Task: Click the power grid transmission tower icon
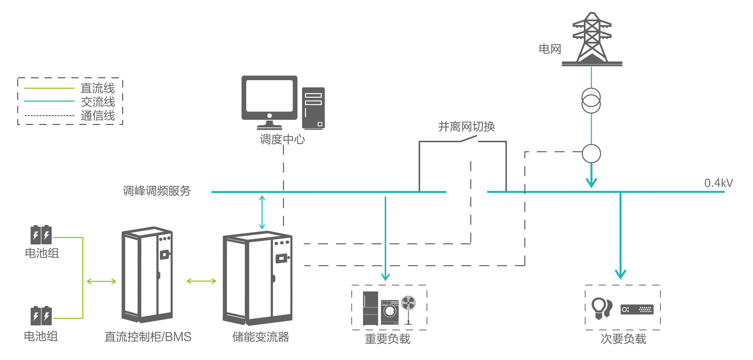pyautogui.click(x=592, y=38)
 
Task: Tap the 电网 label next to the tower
pyautogui.click(x=549, y=49)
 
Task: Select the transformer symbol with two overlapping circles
pyautogui.click(x=591, y=101)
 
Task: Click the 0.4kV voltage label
pyautogui.click(x=718, y=183)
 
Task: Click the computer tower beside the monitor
pyautogui.click(x=313, y=108)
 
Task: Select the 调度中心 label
pyautogui.click(x=282, y=139)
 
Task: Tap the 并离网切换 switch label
pyautogui.click(x=466, y=127)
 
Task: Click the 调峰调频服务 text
pyautogui.click(x=157, y=191)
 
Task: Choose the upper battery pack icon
pyautogui.click(x=41, y=235)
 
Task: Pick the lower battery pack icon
pyautogui.click(x=41, y=316)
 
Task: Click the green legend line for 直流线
pyautogui.click(x=49, y=88)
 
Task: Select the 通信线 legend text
pyautogui.click(x=98, y=116)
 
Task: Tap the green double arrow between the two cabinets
pyautogui.click(x=201, y=281)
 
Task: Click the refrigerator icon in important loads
pyautogui.click(x=370, y=308)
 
